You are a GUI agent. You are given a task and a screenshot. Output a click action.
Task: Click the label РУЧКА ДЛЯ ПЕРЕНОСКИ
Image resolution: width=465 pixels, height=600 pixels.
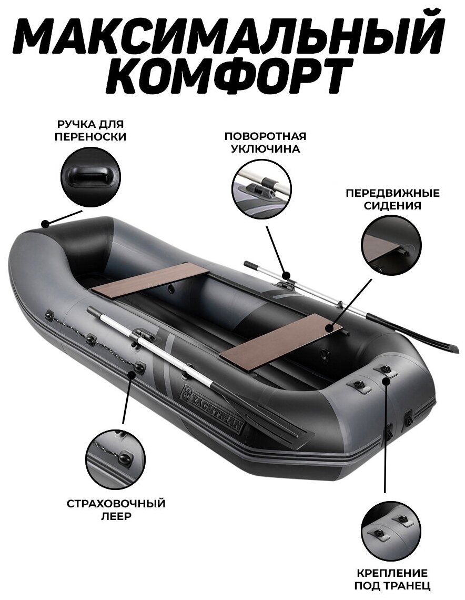tap(90, 131)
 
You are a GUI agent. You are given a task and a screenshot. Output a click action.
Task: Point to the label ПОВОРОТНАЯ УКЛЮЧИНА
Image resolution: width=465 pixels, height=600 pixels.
tap(265, 142)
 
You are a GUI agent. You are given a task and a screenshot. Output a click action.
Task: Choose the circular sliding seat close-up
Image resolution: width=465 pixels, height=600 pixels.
tap(391, 245)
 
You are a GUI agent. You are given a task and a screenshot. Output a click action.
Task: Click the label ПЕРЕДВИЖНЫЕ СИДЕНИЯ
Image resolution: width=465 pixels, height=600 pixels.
tap(392, 199)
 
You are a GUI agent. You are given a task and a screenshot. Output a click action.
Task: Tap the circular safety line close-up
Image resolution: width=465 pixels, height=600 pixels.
tap(116, 459)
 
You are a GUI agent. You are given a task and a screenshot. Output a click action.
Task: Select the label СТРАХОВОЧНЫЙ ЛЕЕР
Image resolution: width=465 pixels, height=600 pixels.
tap(116, 509)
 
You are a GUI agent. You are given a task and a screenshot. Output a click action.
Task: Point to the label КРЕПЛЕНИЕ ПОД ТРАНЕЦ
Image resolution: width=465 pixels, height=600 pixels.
tap(390, 578)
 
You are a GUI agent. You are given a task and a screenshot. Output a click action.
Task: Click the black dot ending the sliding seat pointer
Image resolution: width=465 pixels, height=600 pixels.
tap(330, 327)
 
